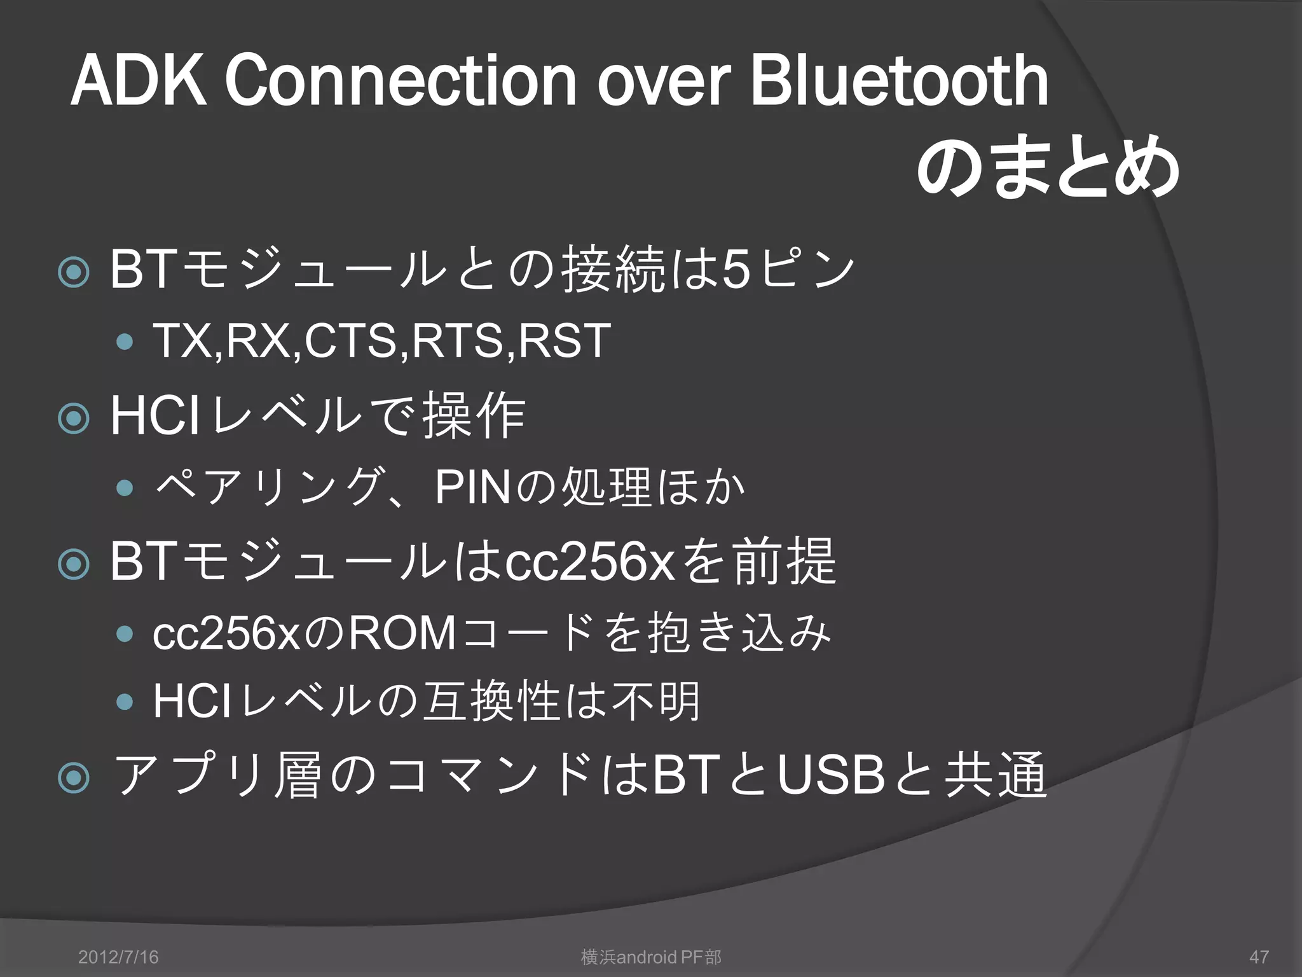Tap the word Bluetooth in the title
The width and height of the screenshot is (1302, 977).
coord(899,81)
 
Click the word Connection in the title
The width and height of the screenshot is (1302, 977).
coord(400,81)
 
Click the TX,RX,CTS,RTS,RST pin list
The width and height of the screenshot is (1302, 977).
coord(381,341)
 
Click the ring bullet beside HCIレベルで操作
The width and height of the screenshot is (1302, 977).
coord(74,418)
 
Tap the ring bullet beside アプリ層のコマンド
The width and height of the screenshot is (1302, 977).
coord(74,777)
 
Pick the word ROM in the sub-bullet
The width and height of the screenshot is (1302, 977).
coord(402,634)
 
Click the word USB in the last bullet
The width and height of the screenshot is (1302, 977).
coord(832,777)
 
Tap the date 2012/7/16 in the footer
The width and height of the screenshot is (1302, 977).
coord(118,957)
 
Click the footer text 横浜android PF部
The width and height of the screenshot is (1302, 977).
coord(651,957)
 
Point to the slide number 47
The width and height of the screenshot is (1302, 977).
coord(1259,957)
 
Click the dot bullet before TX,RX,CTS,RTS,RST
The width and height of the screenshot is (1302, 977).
coord(125,342)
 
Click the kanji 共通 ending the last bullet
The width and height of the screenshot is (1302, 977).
coord(996,777)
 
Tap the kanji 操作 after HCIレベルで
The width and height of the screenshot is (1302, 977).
coord(474,417)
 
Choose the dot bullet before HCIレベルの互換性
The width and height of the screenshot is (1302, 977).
coord(125,702)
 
